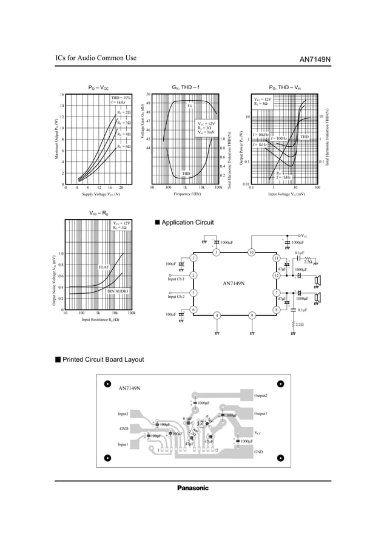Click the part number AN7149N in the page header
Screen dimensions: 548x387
click(x=315, y=59)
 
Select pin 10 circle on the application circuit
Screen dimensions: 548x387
click(x=251, y=252)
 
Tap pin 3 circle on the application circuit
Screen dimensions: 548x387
click(x=216, y=252)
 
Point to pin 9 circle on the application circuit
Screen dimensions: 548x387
click(x=251, y=315)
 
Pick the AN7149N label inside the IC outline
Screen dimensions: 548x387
click(x=234, y=283)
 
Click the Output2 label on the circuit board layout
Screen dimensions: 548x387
click(x=261, y=396)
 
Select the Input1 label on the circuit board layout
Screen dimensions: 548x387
click(x=123, y=444)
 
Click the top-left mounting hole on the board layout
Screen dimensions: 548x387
click(x=107, y=384)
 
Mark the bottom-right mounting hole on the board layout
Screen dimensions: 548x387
click(x=281, y=458)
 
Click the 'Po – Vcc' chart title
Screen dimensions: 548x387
click(x=98, y=88)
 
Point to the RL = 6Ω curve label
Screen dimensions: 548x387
click(x=124, y=147)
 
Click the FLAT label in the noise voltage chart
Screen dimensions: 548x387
click(x=104, y=267)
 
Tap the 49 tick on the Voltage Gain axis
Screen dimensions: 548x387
click(x=149, y=103)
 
